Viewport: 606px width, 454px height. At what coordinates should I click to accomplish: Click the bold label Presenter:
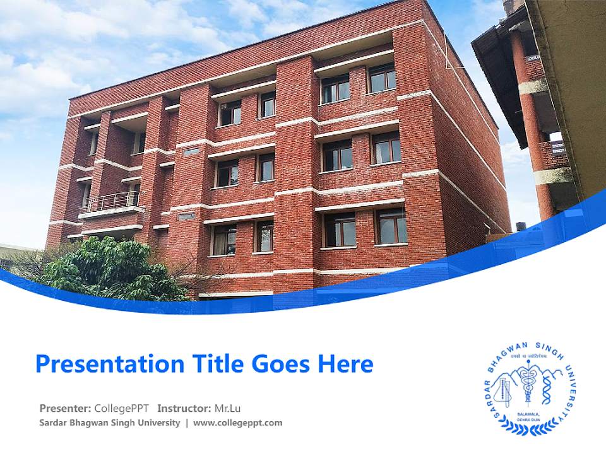coord(65,408)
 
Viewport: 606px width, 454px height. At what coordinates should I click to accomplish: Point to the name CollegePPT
coord(122,408)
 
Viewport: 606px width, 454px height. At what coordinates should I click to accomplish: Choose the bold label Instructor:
coord(184,408)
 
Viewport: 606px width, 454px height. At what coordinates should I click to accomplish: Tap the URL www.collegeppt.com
coord(238,423)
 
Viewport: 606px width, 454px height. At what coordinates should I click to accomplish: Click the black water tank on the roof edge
coord(521,226)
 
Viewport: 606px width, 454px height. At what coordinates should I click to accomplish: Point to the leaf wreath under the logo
coord(528,429)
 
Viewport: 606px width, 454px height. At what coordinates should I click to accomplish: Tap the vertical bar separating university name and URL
coord(187,423)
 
